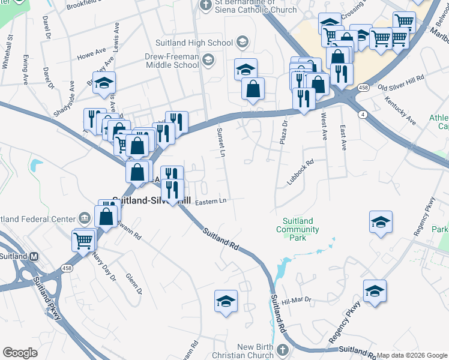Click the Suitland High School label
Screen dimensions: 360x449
[x=194, y=42]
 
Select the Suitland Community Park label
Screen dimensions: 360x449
[x=298, y=229]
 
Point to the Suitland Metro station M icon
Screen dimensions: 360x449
[x=34, y=256]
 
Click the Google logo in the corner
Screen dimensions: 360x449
[x=20, y=352]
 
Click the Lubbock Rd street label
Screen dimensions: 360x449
[x=302, y=171]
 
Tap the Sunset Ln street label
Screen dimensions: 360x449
[x=221, y=143]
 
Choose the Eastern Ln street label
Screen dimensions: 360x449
[x=210, y=200]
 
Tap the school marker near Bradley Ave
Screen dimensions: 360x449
[x=104, y=82]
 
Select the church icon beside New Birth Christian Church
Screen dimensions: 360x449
[x=283, y=349]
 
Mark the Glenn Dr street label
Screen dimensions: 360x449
[x=133, y=284]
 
